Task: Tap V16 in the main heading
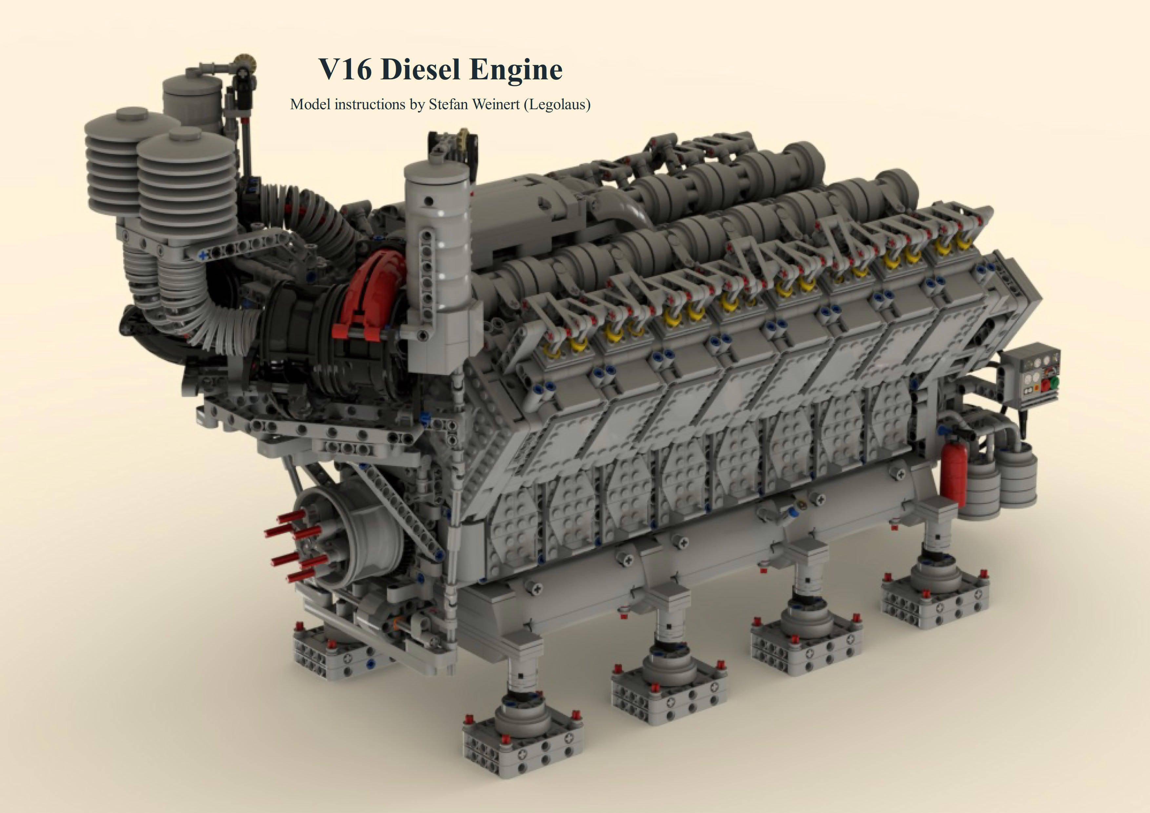click(x=345, y=70)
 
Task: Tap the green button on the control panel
click(x=1054, y=383)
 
